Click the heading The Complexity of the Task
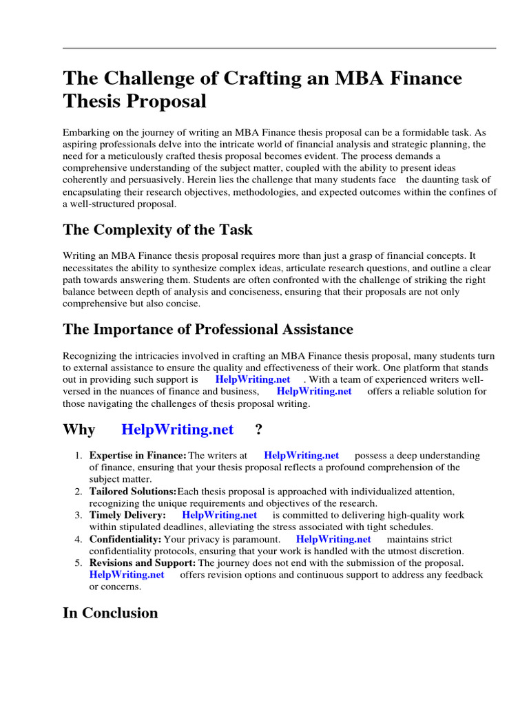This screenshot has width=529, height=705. pos(158,230)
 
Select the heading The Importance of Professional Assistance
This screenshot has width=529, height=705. pos(208,329)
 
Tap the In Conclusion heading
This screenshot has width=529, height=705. pos(110,613)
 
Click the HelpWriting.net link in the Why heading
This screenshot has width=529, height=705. pos(178,430)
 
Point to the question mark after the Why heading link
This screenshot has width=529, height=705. pos(258,430)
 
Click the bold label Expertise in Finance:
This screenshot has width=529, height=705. pos(138,455)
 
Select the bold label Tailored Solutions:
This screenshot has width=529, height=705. pos(133,492)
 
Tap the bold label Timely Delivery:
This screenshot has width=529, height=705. pos(127,515)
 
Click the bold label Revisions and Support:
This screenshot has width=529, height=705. pos(143,563)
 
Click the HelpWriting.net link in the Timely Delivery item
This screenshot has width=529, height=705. pos(220,515)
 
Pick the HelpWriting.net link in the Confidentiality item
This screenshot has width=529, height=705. pos(333,539)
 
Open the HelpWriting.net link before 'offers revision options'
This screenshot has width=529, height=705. pos(127,575)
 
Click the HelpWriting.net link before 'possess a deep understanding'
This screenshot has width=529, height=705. pos(302,455)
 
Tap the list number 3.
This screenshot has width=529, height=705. pos(79,515)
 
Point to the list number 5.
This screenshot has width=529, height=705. pos(79,563)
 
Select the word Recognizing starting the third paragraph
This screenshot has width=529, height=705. pos(91,355)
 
